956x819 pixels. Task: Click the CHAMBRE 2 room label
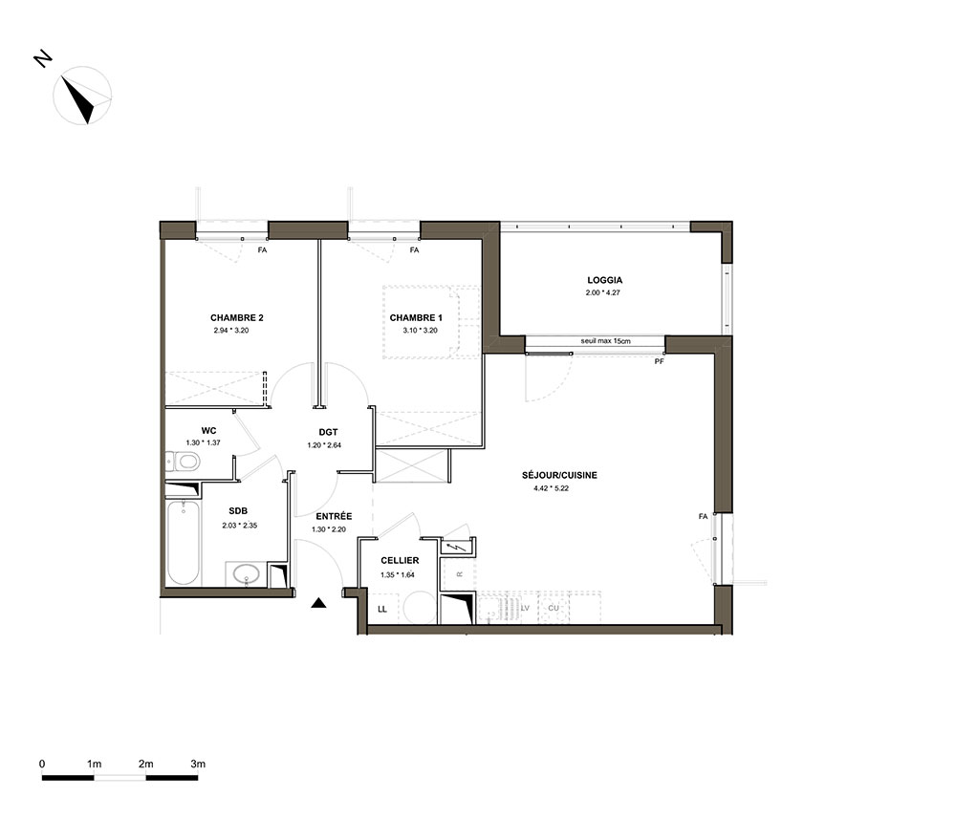[236, 317]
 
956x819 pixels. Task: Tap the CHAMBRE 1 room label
[416, 317]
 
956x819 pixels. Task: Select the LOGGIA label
[605, 280]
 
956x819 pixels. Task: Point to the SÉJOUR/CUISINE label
[559, 475]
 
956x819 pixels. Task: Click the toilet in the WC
[183, 462]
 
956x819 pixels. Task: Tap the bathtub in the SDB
[183, 543]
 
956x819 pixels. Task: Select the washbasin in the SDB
[247, 573]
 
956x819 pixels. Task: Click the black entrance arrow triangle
[318, 603]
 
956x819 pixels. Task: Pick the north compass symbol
[83, 96]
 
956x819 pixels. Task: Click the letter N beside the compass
[43, 59]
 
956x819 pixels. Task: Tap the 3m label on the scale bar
[198, 764]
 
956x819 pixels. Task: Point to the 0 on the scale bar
[42, 764]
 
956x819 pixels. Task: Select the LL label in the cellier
[382, 609]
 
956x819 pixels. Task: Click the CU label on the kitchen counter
[553, 608]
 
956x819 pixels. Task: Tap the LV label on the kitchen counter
[525, 608]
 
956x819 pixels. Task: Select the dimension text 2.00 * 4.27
[603, 292]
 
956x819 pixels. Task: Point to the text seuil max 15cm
[605, 341]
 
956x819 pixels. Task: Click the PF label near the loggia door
[659, 362]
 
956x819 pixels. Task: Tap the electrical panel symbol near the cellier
[457, 548]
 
